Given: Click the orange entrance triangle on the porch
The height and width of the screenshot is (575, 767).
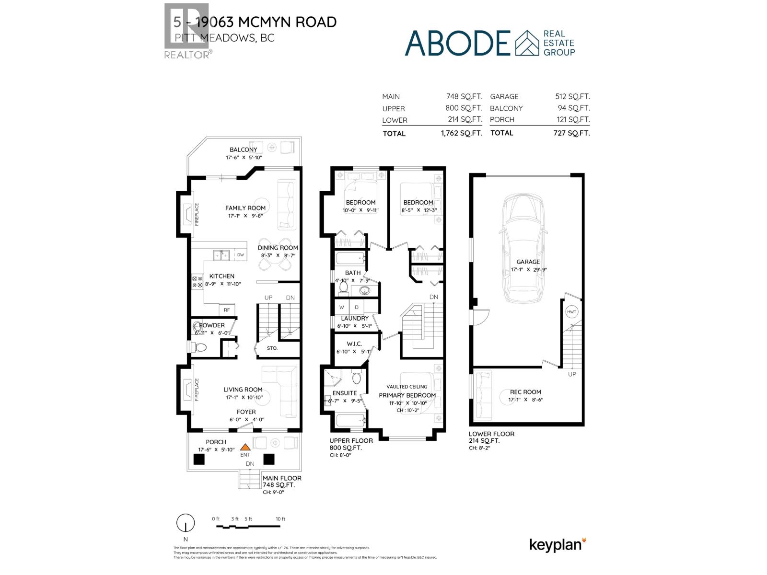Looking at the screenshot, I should point(245,447).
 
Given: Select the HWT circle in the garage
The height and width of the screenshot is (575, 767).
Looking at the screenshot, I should point(571,311).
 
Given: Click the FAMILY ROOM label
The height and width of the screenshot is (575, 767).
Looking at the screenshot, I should point(245,208).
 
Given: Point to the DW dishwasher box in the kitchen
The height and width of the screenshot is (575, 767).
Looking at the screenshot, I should point(240,255).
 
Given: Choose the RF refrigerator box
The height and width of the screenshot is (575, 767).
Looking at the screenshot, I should point(227,310).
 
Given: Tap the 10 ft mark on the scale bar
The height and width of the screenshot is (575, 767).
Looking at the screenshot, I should point(280,519).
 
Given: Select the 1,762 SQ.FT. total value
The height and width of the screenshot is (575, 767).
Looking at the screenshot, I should point(461,133).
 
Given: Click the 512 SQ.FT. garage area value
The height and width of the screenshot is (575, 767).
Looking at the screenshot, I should point(572,96).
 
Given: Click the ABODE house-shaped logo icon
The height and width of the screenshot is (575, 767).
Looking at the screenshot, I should point(527,43).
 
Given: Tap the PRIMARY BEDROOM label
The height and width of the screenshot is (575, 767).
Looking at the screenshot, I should point(407,395).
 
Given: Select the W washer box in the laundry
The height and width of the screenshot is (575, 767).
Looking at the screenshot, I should point(342,307).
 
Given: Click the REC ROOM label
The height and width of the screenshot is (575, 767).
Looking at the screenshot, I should point(525,392).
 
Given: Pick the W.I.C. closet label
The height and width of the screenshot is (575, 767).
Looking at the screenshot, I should point(354,344).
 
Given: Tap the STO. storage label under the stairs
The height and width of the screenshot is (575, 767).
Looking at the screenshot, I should point(272,348).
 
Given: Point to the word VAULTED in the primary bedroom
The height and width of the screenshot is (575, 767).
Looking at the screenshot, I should point(397,387).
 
